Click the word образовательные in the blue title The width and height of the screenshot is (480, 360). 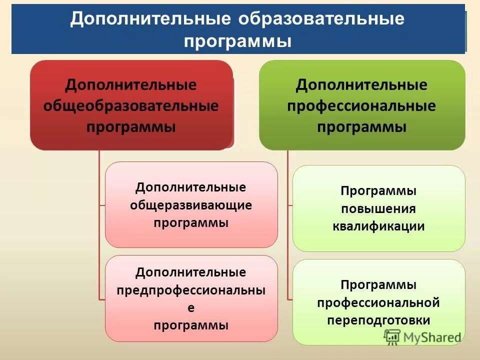tap(321, 19)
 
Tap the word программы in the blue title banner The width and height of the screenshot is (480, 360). tap(237, 40)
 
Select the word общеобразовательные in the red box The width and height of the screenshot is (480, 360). tap(131, 106)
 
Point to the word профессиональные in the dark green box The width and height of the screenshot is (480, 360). tap(361, 106)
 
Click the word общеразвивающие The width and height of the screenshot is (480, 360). tap(191, 205)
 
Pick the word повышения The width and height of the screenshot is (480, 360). tap(378, 209)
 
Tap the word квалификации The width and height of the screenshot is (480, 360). tap(378, 226)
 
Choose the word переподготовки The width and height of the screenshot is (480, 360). tap(378, 320)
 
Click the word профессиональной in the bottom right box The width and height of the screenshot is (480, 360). tap(378, 302)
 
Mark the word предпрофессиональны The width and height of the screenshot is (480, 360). tap(191, 290)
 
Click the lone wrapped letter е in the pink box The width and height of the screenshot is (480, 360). tap(191, 308)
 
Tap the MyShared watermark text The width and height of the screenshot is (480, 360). tap(431, 337)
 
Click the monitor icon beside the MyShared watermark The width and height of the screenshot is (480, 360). tap(392, 336)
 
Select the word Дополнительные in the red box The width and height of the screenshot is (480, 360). tap(131, 85)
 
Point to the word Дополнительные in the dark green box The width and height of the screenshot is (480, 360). tap(361, 85)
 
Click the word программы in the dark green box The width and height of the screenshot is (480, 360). tap(361, 127)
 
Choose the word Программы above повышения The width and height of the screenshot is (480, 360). tap(378, 191)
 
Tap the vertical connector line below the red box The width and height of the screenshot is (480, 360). tap(99, 225)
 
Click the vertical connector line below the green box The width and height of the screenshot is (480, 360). tap(287, 225)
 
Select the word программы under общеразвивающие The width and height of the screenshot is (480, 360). tap(191, 222)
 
